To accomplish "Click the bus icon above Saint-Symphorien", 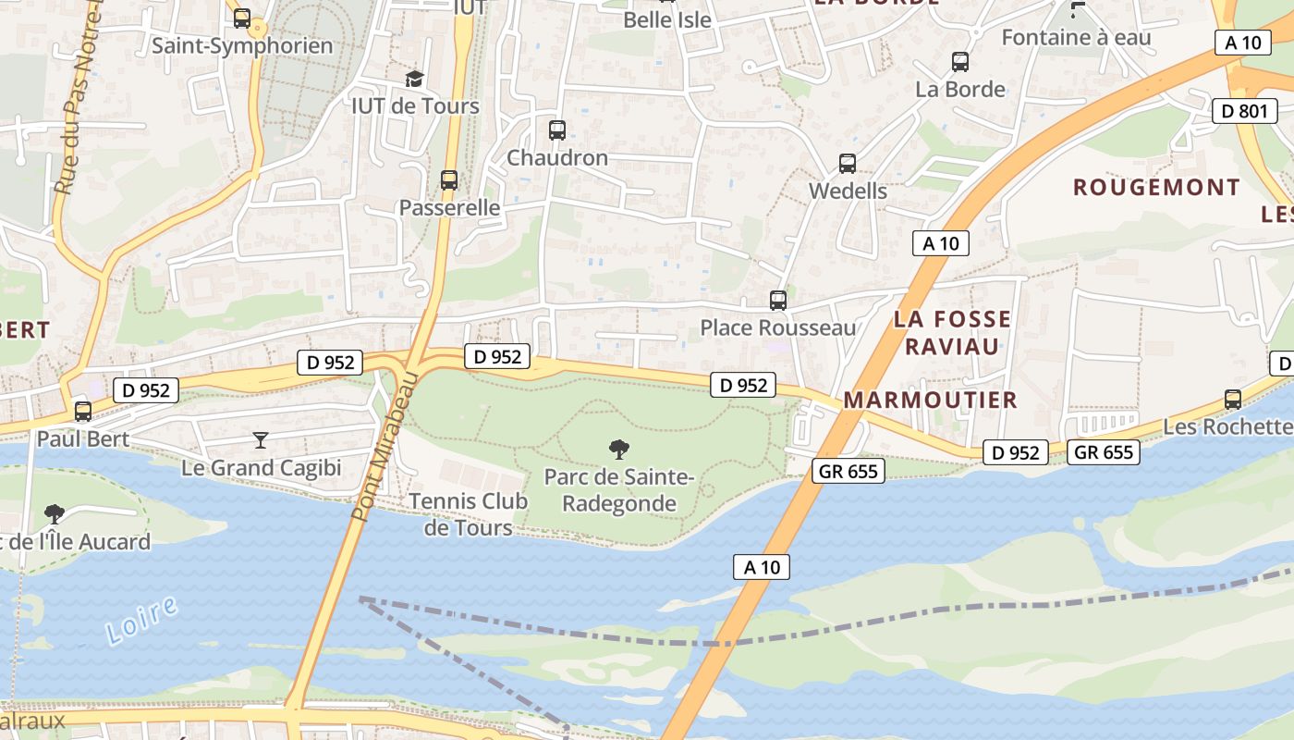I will (242, 18).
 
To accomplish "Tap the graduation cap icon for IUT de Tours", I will (414, 79).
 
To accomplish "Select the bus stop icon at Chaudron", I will (556, 130).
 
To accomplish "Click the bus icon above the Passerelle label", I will (449, 179).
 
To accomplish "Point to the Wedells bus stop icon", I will (848, 164).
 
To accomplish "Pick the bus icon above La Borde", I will (960, 62).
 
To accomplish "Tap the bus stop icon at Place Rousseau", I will (778, 300).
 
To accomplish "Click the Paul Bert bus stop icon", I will (83, 411).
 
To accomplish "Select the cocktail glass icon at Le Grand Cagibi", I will (261, 439).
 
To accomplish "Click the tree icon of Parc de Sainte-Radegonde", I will (619, 450).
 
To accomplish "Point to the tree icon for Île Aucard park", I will (55, 512).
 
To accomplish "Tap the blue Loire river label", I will (141, 620).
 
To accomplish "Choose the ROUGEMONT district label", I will (1156, 187).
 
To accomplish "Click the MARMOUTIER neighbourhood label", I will (930, 400).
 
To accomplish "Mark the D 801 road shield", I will (1244, 111).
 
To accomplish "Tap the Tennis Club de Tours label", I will (469, 514).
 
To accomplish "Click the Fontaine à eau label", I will (1077, 38).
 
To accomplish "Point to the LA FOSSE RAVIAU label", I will (952, 333).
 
